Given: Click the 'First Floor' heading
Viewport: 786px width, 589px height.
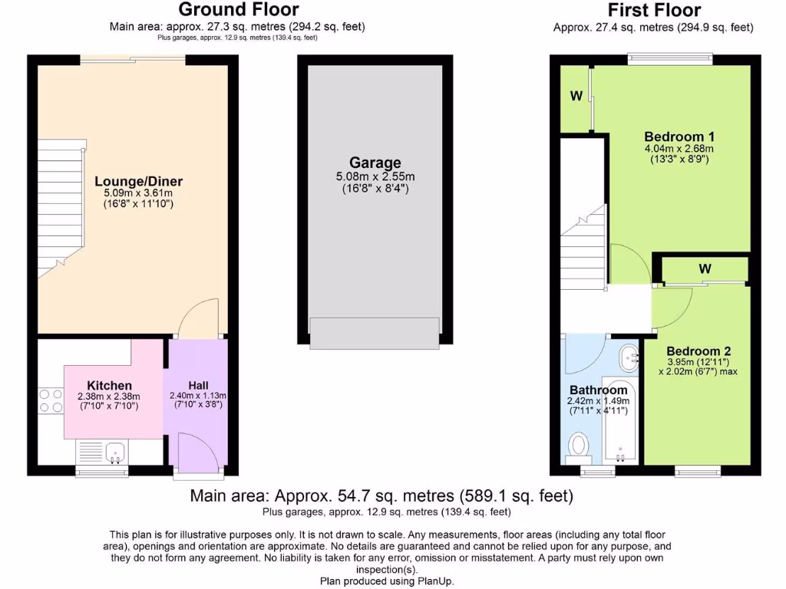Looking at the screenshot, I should tap(653, 10).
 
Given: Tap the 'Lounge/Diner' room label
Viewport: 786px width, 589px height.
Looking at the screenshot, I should tap(139, 182).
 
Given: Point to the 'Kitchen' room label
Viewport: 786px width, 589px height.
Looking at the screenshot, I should tap(109, 385).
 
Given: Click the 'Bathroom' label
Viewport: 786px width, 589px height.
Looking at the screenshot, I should tap(599, 390).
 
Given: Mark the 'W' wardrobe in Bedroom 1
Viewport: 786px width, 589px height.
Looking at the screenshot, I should tap(576, 97).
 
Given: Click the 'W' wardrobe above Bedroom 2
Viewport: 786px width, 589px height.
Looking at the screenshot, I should tap(704, 268).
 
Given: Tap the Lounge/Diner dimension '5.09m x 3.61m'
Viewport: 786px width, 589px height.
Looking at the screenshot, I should tap(139, 194).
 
